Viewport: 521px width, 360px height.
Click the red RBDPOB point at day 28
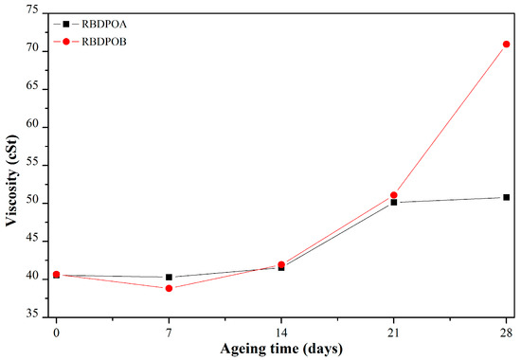point(507,45)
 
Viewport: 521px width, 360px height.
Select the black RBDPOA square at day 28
point(507,197)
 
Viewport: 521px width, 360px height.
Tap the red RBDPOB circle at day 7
point(169,288)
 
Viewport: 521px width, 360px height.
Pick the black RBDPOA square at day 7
point(169,278)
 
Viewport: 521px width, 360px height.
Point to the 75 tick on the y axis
point(32,10)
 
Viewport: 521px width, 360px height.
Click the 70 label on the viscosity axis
point(32,49)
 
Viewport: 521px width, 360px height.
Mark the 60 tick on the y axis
point(32,125)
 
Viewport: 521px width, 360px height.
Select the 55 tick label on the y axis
point(32,163)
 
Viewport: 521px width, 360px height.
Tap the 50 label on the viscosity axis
point(32,202)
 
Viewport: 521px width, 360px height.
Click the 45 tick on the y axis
point(32,240)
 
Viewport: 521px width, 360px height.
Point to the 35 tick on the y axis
point(32,315)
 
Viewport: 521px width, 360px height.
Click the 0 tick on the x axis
point(57,332)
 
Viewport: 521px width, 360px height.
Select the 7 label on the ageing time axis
point(169,332)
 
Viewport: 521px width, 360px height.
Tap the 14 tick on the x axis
point(281,332)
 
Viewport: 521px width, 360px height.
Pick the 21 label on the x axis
point(394,332)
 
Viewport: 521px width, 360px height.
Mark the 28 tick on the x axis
point(507,332)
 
